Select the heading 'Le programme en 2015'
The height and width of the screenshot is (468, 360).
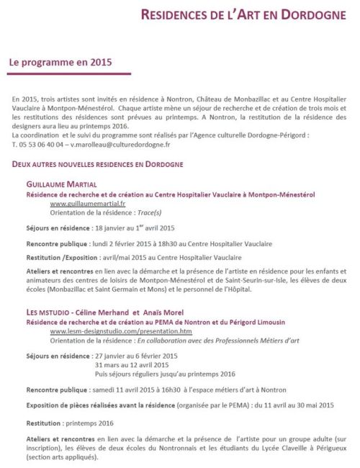coord(60,63)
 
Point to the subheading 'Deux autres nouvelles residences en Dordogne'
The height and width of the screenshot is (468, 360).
coord(97,165)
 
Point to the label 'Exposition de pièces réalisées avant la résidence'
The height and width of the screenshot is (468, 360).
coord(107,405)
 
